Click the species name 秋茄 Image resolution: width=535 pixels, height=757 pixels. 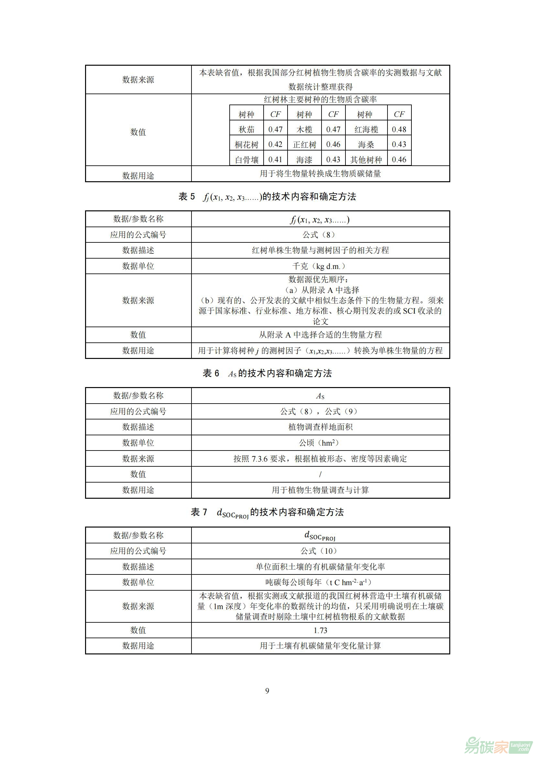coord(246,129)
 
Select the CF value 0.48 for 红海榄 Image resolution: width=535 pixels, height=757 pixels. coord(399,129)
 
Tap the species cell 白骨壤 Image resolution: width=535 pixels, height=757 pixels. coord(246,160)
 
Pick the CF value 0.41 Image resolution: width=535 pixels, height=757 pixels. coord(275,160)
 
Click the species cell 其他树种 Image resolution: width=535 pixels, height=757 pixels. coord(366,160)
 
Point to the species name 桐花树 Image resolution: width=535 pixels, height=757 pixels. coord(246,145)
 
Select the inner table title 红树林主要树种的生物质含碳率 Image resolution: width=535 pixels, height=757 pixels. coord(320,100)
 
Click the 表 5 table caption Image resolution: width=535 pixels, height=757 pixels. coord(267,197)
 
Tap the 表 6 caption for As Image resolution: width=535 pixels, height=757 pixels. coord(267,373)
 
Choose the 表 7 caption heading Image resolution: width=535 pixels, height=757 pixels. coord(267,512)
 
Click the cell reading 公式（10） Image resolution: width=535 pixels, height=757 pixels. coord(320,551)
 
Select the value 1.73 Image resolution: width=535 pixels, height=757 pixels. coord(320,630)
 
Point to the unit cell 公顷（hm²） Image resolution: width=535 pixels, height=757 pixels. coord(320,443)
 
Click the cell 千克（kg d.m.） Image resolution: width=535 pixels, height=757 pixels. coord(320,266)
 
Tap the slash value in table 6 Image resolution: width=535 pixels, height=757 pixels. coord(320,474)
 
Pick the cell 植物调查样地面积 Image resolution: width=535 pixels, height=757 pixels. coord(320,427)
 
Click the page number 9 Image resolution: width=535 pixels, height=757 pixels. coord(267,691)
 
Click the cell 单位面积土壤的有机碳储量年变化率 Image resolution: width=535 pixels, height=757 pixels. coord(320,567)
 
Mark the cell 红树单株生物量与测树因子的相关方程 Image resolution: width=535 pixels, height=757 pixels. coord(320,250)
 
